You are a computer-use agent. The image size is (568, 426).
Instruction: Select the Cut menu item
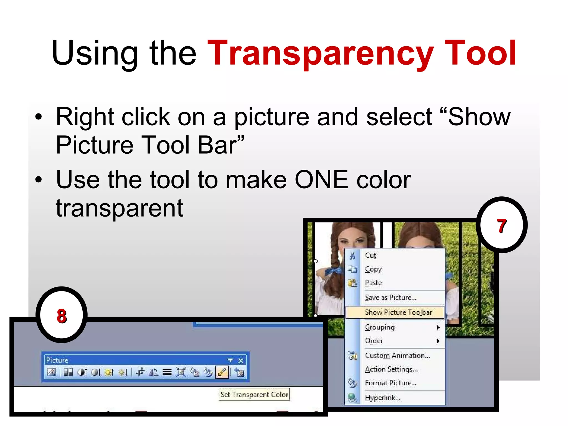(x=371, y=255)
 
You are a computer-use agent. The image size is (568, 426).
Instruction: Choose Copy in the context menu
(x=373, y=269)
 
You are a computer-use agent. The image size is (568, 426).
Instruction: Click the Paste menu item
(x=373, y=283)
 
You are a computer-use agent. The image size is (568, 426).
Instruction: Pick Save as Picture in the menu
(x=390, y=298)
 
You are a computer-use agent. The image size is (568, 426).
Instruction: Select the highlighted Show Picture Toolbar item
(x=398, y=312)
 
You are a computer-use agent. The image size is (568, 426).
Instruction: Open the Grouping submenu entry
(x=380, y=327)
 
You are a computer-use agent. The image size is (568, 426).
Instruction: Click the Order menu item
(x=374, y=341)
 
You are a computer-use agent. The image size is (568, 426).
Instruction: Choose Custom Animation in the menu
(x=397, y=356)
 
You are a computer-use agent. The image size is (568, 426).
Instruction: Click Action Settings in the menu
(x=391, y=369)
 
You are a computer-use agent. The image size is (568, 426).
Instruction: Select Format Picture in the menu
(x=390, y=383)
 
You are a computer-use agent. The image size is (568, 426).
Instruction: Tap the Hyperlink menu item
(x=382, y=398)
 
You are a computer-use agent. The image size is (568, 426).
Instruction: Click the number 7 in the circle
(x=501, y=226)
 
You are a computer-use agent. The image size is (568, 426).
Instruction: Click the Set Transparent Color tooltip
(x=254, y=394)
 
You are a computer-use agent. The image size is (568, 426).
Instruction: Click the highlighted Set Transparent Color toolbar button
(x=222, y=372)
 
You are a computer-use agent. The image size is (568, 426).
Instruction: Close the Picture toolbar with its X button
(x=241, y=361)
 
